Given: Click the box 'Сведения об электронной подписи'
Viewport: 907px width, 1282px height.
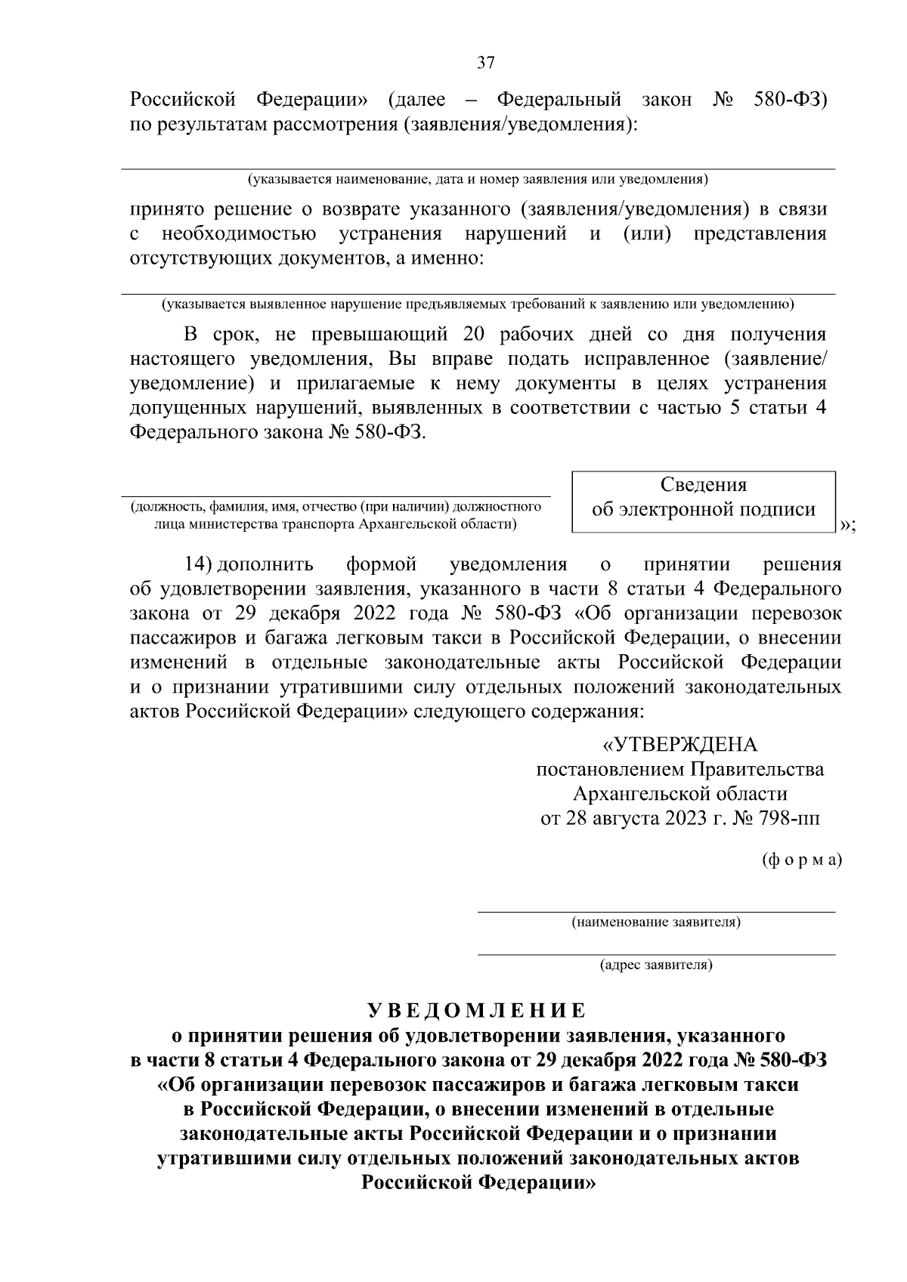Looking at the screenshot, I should click(703, 499).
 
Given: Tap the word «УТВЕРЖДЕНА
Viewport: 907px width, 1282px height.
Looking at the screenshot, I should click(679, 745).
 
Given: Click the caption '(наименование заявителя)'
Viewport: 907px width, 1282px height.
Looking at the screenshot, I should click(655, 922).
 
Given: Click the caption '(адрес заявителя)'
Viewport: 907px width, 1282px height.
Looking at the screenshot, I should click(655, 965).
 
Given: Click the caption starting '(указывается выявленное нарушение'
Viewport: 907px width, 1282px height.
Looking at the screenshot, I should click(478, 304).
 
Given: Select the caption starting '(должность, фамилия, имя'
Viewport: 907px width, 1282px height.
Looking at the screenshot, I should click(335, 514).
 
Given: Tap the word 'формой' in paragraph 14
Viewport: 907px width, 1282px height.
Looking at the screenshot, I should click(381, 564).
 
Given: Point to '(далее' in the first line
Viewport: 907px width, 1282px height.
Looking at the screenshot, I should click(416, 100).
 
